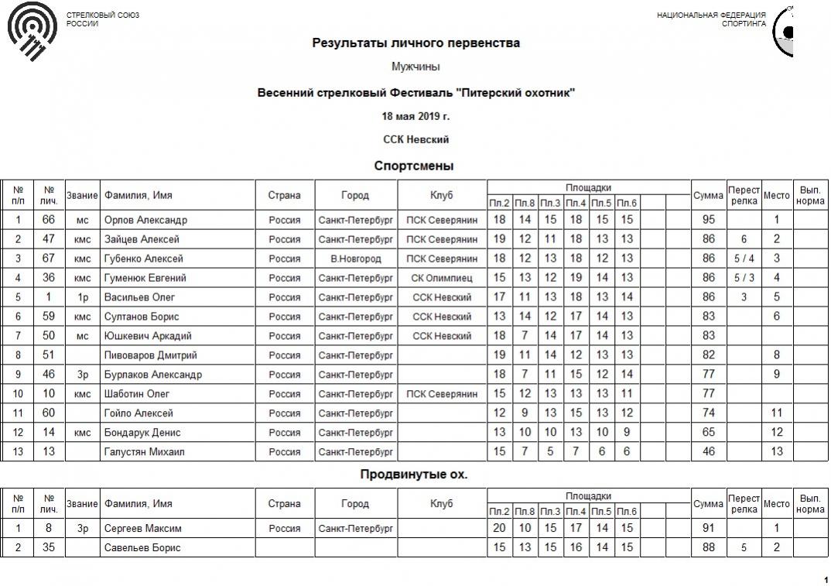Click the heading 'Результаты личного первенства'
(x=415, y=43)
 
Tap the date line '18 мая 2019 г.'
(x=415, y=117)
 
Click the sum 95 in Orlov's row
(x=708, y=220)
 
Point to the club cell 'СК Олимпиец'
(x=442, y=278)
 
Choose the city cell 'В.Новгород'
(x=355, y=259)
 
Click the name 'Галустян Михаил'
(x=146, y=452)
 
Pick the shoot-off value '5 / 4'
(x=744, y=259)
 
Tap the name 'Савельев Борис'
(x=142, y=548)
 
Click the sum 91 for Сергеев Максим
(x=708, y=529)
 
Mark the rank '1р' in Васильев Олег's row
(x=83, y=297)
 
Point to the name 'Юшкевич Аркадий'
(x=148, y=336)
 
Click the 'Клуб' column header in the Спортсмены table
(x=442, y=195)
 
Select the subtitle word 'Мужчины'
(x=415, y=67)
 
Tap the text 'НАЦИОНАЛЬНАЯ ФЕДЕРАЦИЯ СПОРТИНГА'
(x=711, y=19)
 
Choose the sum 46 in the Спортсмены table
(x=708, y=452)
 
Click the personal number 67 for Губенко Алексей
(x=49, y=259)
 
